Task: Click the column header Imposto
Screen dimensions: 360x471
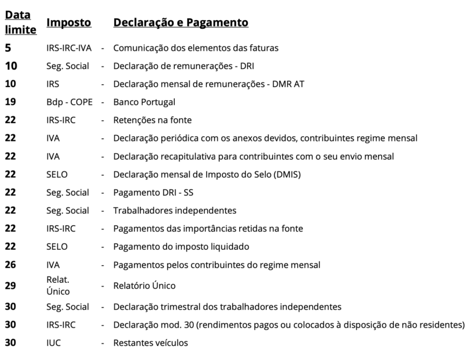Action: tap(69, 22)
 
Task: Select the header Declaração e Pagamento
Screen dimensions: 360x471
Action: tap(180, 22)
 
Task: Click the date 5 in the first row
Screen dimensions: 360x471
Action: tap(8, 48)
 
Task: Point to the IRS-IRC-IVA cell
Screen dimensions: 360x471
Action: tap(68, 48)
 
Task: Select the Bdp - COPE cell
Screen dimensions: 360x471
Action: tap(69, 102)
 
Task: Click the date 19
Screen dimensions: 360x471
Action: tap(11, 102)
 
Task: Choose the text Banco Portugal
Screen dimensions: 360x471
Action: tap(144, 102)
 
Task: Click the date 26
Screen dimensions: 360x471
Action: tap(11, 265)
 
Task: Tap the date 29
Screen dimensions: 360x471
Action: tap(11, 286)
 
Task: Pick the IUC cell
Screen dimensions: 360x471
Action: tap(53, 343)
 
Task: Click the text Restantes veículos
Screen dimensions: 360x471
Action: tap(151, 343)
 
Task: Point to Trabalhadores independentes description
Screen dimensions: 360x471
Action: tap(175, 210)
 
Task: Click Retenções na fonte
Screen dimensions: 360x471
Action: tap(152, 120)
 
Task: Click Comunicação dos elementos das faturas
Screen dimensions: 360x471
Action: tap(196, 48)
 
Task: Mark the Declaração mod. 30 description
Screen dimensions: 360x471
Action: tap(288, 325)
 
